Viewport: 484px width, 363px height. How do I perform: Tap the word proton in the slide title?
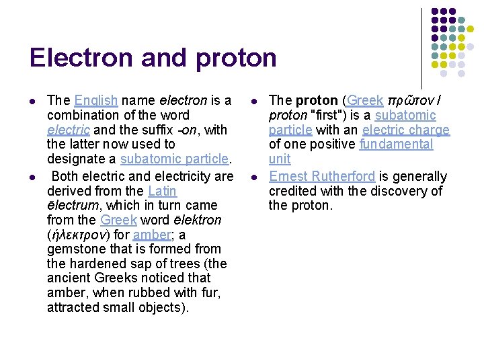(x=236, y=59)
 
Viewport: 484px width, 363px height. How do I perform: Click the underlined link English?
(x=96, y=101)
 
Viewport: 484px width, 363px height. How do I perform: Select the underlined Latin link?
(x=162, y=191)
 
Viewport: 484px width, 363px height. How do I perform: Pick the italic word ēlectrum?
(x=69, y=206)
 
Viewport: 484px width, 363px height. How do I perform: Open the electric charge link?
(x=405, y=130)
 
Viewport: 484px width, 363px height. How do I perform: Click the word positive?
(x=329, y=144)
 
